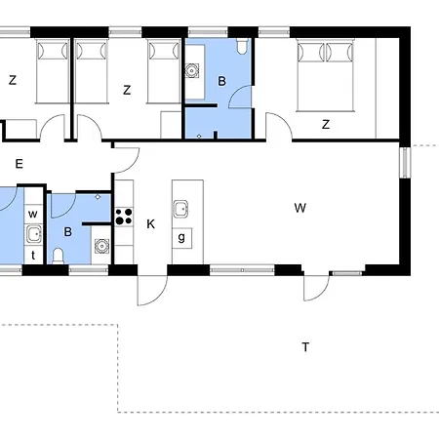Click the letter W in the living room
(299, 208)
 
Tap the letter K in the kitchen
(150, 224)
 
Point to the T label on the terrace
(305, 347)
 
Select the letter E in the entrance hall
(20, 164)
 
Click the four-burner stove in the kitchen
(124, 217)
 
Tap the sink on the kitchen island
(180, 209)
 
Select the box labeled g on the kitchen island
(181, 238)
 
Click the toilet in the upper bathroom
(242, 46)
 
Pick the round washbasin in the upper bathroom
(192, 70)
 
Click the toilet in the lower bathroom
(59, 256)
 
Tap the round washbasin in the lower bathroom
(101, 246)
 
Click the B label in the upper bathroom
(221, 81)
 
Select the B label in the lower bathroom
(67, 232)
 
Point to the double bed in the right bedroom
(325, 75)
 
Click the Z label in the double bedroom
(326, 124)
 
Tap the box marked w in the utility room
(33, 214)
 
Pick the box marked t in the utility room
(33, 255)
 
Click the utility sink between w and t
(34, 234)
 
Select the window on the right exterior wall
(405, 163)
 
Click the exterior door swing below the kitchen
(152, 291)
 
